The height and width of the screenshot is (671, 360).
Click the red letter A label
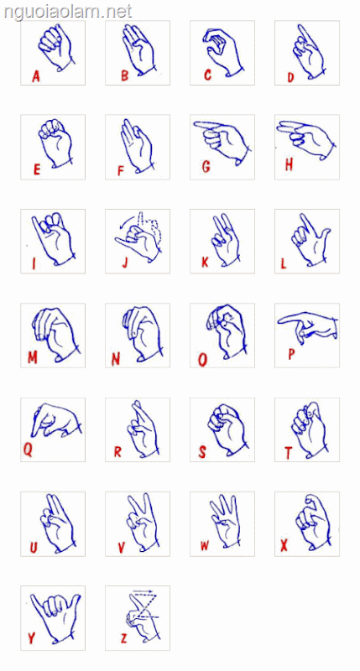click(x=36, y=76)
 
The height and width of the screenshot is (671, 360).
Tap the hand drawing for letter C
click(x=222, y=51)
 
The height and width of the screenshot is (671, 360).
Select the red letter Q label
click(x=28, y=450)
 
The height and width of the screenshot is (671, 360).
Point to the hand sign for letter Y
click(x=55, y=617)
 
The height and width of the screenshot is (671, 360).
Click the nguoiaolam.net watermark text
click(x=68, y=12)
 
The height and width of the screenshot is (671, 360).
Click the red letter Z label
click(x=123, y=639)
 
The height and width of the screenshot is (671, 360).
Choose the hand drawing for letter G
click(x=222, y=140)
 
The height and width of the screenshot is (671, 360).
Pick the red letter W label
click(x=205, y=546)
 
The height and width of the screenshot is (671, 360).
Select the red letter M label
click(x=33, y=358)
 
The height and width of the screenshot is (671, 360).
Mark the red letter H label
click(x=289, y=164)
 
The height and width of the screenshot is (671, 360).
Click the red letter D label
click(x=291, y=77)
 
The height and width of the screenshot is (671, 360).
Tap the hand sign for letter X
click(x=312, y=522)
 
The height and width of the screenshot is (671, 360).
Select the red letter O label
click(x=202, y=360)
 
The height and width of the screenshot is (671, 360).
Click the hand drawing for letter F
click(x=136, y=145)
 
